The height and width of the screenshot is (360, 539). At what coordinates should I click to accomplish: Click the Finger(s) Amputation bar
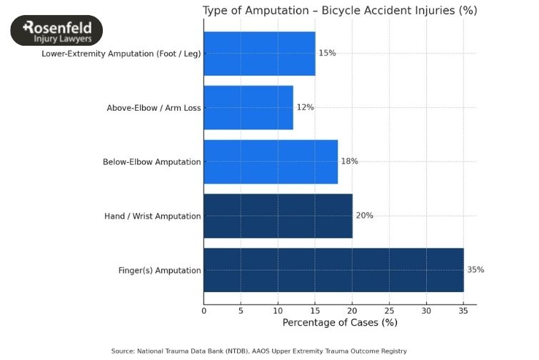[x=333, y=270]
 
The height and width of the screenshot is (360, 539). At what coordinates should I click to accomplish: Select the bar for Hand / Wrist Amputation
[x=278, y=216]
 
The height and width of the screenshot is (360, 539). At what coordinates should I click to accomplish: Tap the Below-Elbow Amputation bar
[x=271, y=161]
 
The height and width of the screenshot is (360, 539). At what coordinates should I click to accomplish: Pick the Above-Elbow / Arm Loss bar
[x=248, y=107]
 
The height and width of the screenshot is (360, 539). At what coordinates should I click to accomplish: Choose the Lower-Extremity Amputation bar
[x=259, y=54]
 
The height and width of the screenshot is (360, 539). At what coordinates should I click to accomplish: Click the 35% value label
[x=475, y=270]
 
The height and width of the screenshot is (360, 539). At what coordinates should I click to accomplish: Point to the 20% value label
[x=364, y=216]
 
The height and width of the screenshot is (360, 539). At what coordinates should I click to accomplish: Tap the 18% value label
[x=349, y=161]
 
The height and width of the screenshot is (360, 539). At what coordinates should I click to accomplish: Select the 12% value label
[x=305, y=107]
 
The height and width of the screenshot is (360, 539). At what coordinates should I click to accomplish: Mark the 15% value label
[x=327, y=54]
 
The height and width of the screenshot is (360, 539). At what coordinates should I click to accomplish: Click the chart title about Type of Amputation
[x=340, y=11]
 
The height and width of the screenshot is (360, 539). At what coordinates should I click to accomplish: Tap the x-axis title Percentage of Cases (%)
[x=340, y=323]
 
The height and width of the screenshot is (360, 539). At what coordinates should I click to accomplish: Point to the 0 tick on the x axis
[x=204, y=310]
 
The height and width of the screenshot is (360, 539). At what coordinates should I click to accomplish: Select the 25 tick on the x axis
[x=389, y=310]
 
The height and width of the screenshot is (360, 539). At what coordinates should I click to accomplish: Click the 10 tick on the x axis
[x=278, y=310]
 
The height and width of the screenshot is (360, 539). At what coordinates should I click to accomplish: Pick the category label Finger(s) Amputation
[x=159, y=271]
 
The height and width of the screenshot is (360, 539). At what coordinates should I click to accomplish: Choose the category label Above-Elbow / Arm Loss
[x=153, y=108]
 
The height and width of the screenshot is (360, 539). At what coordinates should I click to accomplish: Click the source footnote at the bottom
[x=259, y=351]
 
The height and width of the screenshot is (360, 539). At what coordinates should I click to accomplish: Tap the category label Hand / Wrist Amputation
[x=152, y=216]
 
